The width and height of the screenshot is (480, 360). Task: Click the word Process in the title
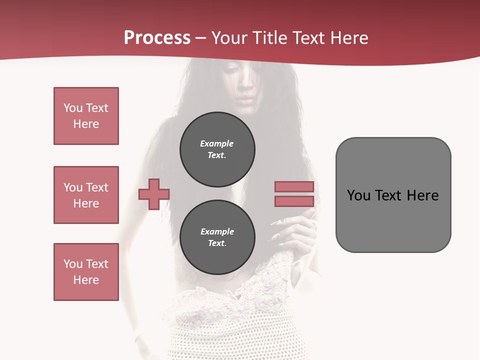[x=157, y=38]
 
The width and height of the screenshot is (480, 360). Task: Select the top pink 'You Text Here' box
[x=86, y=116]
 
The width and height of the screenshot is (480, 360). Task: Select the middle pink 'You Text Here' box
[x=86, y=195]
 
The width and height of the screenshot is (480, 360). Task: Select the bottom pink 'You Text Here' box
[x=86, y=272]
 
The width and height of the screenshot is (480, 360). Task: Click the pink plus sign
[x=154, y=194]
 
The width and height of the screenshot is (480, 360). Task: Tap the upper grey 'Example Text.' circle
[x=217, y=149]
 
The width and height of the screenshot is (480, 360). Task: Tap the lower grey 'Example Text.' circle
[x=217, y=237]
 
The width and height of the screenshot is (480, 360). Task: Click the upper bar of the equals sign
[x=294, y=186]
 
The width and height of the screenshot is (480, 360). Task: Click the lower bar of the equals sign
[x=294, y=201]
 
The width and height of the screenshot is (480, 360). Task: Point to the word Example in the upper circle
[x=217, y=143]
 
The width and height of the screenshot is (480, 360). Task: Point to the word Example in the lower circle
[x=217, y=231]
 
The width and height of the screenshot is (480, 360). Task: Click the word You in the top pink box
[x=72, y=108]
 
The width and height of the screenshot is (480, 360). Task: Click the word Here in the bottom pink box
[x=86, y=280]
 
